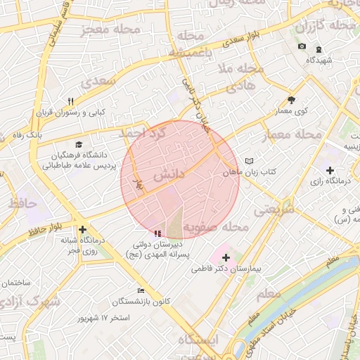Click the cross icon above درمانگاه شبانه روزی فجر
(x=83, y=229)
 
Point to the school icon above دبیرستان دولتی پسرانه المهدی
(x=156, y=233)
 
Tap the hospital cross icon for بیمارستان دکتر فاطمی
(x=225, y=258)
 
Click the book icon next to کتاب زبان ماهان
(x=249, y=161)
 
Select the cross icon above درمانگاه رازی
(x=330, y=170)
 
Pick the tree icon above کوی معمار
(x=292, y=101)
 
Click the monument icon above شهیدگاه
(x=319, y=49)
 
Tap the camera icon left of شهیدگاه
(x=302, y=46)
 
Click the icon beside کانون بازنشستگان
(x=141, y=291)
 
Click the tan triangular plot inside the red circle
(x=174, y=221)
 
